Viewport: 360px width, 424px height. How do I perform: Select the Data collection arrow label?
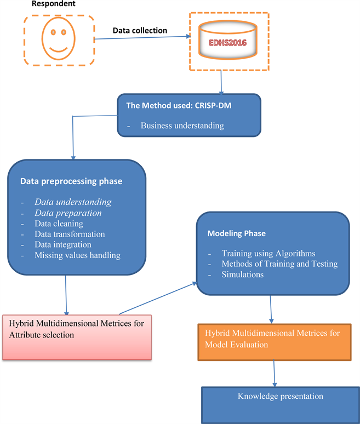(140, 31)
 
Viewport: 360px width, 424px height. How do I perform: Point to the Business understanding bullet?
(182, 125)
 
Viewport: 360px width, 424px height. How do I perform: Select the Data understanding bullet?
(73, 202)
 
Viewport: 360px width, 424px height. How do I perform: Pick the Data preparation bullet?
(68, 213)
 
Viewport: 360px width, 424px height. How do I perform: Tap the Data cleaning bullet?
(59, 224)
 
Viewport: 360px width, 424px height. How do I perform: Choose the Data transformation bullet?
(70, 234)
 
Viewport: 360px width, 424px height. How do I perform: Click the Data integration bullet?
(63, 244)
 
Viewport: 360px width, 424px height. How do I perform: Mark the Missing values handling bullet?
(77, 255)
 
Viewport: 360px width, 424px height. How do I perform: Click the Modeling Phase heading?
(236, 233)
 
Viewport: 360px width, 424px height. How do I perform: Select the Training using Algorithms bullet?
(268, 254)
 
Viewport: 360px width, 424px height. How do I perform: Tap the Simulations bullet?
(243, 274)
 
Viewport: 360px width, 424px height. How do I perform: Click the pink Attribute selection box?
(76, 337)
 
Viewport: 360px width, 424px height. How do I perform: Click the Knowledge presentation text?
(280, 396)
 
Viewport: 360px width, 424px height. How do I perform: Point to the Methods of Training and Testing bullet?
(279, 264)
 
